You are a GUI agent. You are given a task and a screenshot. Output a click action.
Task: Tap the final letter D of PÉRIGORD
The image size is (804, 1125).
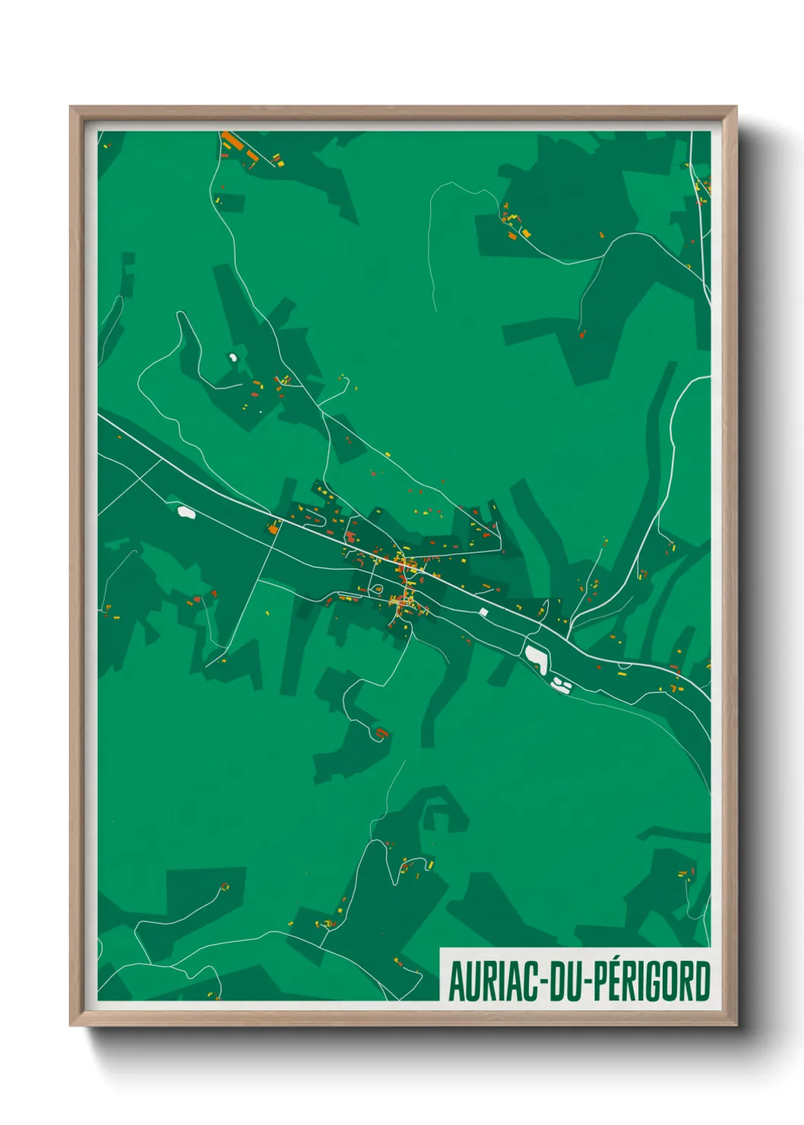coord(702,981)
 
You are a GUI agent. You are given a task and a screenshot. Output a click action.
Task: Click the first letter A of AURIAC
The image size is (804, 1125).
coord(457,981)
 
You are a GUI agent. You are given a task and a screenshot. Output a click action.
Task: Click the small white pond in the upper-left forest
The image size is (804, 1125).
coord(233,356)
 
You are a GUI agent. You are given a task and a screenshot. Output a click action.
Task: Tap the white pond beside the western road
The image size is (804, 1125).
coord(186,512)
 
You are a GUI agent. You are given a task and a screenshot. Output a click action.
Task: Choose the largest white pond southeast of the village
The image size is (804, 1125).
coord(537,658)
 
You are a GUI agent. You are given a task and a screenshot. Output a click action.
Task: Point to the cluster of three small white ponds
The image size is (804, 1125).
coord(562,684)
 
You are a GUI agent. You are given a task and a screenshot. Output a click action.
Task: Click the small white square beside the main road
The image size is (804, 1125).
coord(483,612)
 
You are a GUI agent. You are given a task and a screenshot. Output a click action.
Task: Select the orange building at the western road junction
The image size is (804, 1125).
coord(274,526)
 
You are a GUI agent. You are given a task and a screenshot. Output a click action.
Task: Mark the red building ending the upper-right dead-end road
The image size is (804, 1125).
coord(583,333)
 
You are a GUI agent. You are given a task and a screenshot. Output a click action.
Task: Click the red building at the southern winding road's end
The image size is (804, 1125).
coord(381,733)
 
